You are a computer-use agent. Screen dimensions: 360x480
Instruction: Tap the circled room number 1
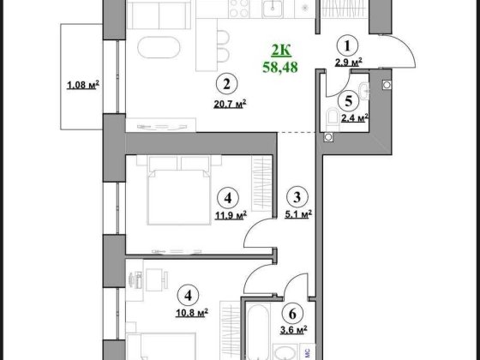tap(348, 46)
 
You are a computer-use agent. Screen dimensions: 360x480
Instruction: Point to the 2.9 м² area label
tap(348, 63)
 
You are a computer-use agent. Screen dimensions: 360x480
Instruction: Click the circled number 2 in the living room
tap(225, 85)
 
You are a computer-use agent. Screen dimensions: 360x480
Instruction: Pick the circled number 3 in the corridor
tap(297, 195)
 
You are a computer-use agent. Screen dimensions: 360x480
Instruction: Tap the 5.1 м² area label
tap(297, 213)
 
